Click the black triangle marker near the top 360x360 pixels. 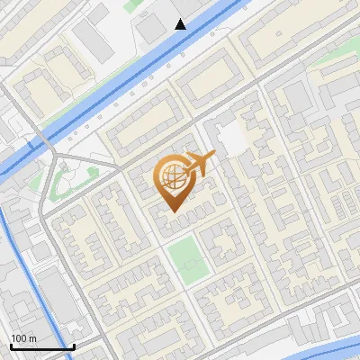pyautogui.click(x=181, y=24)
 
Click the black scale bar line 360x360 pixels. pyautogui.click(x=41, y=346)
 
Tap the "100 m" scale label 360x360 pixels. pyautogui.click(x=24, y=337)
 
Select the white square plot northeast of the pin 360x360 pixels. pyautogui.click(x=232, y=138)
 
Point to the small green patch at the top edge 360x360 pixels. pyautogui.click(x=133, y=4)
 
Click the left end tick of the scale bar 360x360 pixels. pyautogui.click(x=10, y=346)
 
